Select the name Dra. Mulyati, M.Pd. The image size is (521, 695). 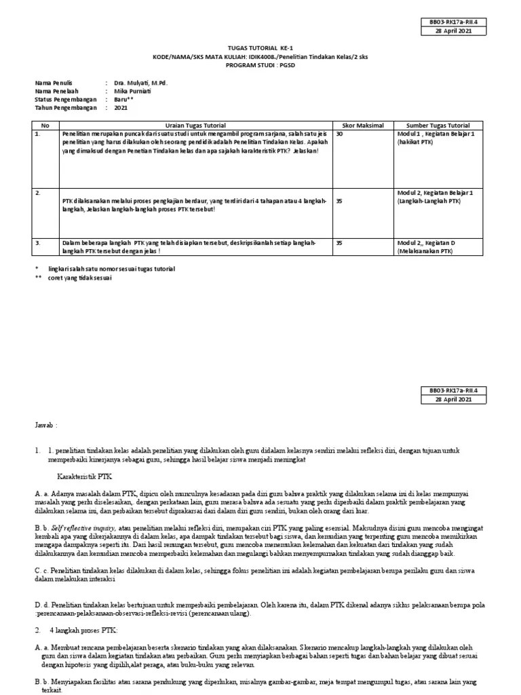click(x=140, y=83)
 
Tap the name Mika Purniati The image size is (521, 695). click(x=131, y=92)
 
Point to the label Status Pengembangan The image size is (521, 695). click(x=66, y=100)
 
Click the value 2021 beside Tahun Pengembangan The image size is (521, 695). click(x=120, y=108)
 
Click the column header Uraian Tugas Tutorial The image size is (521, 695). click(x=195, y=126)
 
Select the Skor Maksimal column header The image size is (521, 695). click(x=365, y=126)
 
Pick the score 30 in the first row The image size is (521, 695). click(x=340, y=134)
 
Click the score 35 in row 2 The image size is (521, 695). click(x=340, y=202)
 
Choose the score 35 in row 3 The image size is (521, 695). click(x=340, y=242)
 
